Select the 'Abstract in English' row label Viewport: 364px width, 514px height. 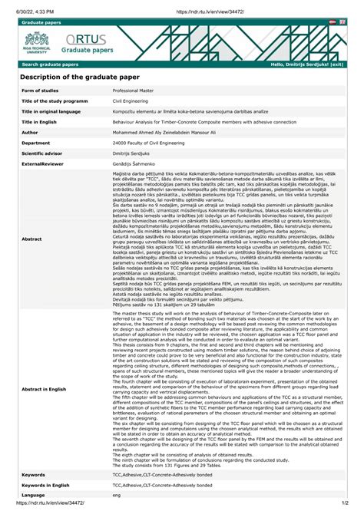(x=47, y=390)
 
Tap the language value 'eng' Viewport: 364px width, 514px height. (x=117, y=496)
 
